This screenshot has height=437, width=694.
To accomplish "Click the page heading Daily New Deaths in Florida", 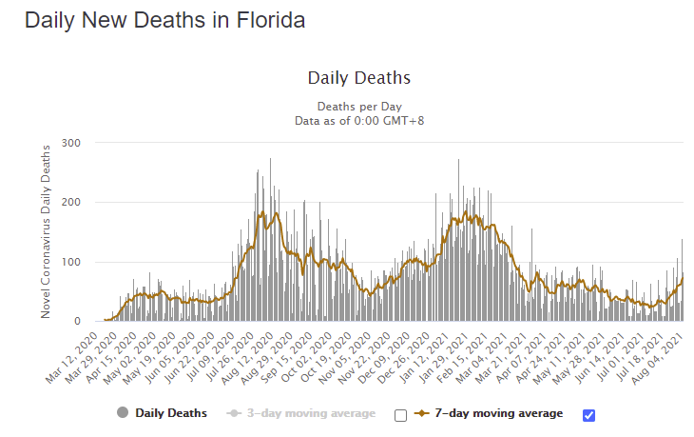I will pos(164,20).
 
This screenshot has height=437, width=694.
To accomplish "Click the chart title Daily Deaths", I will pos(359,77).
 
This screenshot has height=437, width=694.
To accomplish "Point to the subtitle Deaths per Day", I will pos(359,106).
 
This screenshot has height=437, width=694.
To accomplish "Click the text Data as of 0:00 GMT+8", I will pos(359,120).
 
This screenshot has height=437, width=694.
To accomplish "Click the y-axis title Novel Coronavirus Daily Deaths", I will pos(47,231).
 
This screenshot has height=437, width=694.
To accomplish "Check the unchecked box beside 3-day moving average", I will pos(400,414).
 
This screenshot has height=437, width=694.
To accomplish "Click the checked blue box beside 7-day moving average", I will pos(588,414).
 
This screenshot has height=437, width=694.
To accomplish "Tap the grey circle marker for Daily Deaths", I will pos(123,413).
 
